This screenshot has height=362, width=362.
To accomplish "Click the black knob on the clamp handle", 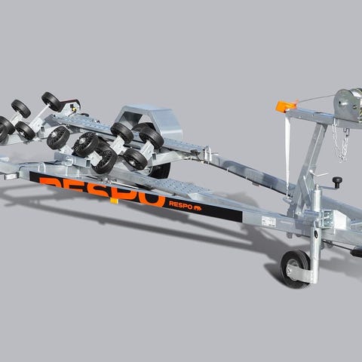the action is (x=337, y=180).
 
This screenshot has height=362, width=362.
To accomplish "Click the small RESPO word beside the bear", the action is (x=181, y=204).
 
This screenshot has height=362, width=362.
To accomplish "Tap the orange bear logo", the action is (x=198, y=208).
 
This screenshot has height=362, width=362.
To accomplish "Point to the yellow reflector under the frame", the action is (x=114, y=201).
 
